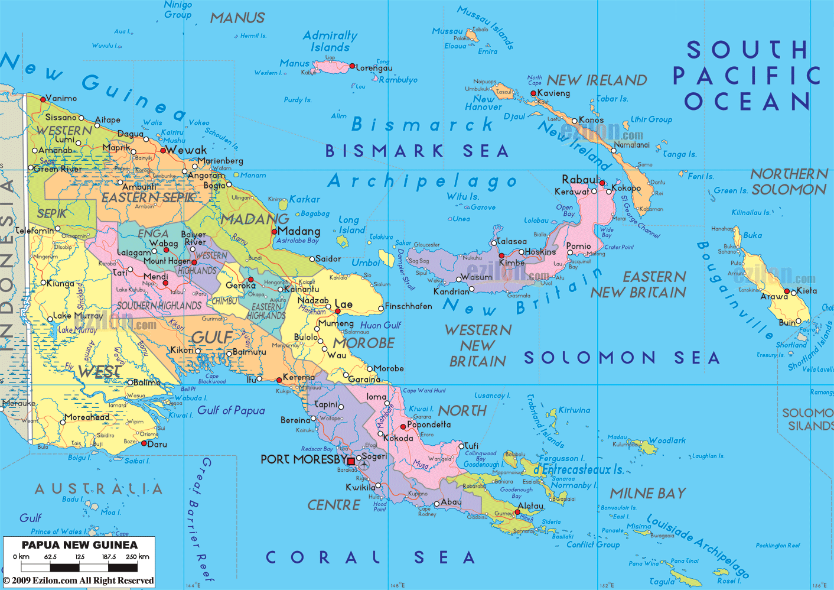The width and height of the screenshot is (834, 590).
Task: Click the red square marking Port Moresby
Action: [351, 461]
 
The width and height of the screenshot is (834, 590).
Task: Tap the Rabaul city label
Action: [580, 179]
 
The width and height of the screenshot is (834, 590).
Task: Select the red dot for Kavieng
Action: [533, 93]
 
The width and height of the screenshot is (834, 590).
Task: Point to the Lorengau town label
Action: [374, 68]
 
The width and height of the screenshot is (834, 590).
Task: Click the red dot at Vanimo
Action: [43, 99]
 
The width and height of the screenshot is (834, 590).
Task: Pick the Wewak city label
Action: [187, 150]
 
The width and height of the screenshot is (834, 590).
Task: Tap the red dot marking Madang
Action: [274, 232]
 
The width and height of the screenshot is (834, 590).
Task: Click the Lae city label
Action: [344, 304]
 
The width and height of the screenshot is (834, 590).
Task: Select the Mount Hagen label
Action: [167, 261]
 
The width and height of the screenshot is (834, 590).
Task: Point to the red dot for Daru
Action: [144, 444]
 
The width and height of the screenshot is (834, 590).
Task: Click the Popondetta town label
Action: [429, 424]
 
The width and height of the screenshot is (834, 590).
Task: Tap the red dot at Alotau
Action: [517, 513]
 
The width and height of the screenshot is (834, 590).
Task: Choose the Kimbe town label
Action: [512, 262]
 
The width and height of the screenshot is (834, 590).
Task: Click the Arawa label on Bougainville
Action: [774, 296]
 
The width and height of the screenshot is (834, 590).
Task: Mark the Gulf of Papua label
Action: [231, 410]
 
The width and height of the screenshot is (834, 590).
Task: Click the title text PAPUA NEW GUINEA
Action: [79, 545]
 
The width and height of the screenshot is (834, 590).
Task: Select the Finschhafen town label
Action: [408, 306]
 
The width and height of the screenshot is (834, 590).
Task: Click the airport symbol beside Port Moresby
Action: [364, 465]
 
